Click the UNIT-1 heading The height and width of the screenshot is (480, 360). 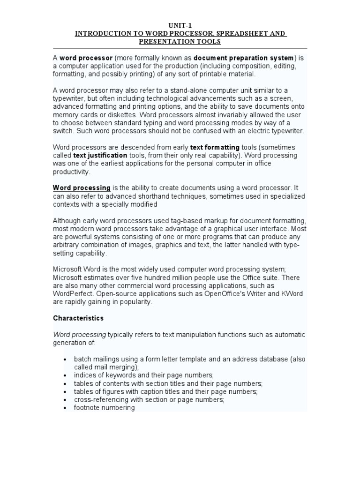tap(180, 26)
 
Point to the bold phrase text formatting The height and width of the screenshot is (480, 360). tap(215, 147)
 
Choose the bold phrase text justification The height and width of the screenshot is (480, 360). tap(100, 155)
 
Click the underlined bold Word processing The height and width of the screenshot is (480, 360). tap(82, 188)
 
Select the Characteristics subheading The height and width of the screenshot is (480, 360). tap(78, 318)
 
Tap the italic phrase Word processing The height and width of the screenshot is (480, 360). tap(79, 335)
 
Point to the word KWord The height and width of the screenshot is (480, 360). tap(291, 294)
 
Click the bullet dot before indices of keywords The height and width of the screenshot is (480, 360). tap(64, 376)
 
